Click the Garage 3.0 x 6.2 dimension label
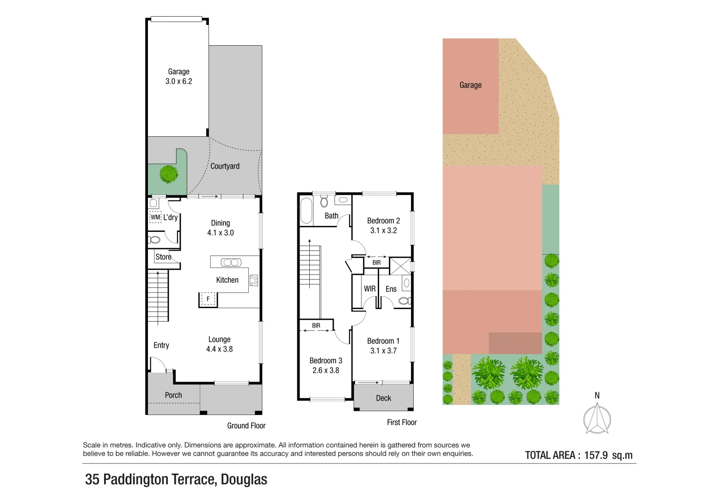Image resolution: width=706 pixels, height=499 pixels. [178, 81]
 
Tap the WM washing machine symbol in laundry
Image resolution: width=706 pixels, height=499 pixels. [155, 217]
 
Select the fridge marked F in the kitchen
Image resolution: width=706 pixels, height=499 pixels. [208, 299]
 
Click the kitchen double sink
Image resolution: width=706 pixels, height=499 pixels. [231, 262]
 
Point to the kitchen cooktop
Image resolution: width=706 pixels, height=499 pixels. [254, 280]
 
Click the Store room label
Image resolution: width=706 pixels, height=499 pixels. [163, 257]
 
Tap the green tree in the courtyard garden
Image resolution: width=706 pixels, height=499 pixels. [169, 174]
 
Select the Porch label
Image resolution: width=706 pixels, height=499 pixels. [173, 395]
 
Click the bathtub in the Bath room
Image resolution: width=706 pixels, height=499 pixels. [306, 210]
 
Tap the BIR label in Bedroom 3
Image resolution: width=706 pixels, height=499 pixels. [316, 326]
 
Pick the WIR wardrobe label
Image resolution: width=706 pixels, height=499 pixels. [369, 289]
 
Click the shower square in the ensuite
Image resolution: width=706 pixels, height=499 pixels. [400, 266]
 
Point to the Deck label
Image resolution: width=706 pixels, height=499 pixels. [383, 398]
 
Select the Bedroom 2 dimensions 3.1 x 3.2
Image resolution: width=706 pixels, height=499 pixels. [383, 231]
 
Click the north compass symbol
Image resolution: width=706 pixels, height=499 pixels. [597, 418]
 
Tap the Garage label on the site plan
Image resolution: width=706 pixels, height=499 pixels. [470, 85]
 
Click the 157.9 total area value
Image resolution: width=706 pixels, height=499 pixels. [595, 455]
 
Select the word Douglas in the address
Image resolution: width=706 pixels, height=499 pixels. [244, 480]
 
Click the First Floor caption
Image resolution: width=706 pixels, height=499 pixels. [401, 422]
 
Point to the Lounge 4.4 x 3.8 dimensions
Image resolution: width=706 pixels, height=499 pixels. [219, 349]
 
